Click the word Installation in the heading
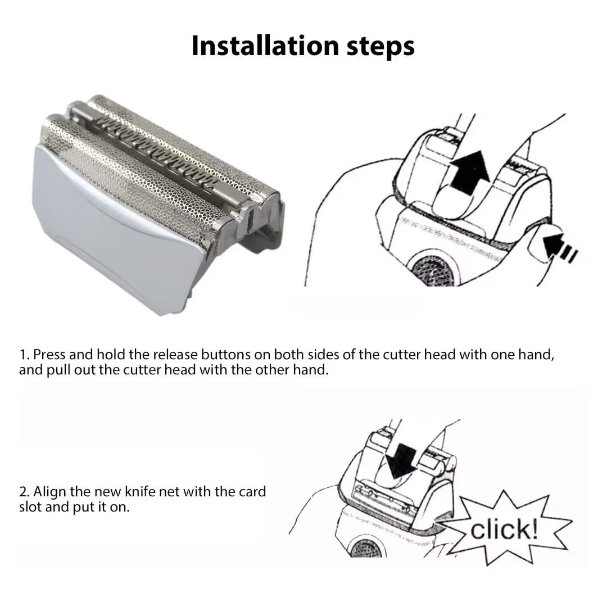click(266, 46)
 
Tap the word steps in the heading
click(381, 47)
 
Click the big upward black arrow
click(470, 173)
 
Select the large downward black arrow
click(401, 461)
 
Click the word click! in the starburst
click(504, 529)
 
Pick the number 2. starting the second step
click(25, 492)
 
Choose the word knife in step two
click(138, 492)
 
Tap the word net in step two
click(167, 492)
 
